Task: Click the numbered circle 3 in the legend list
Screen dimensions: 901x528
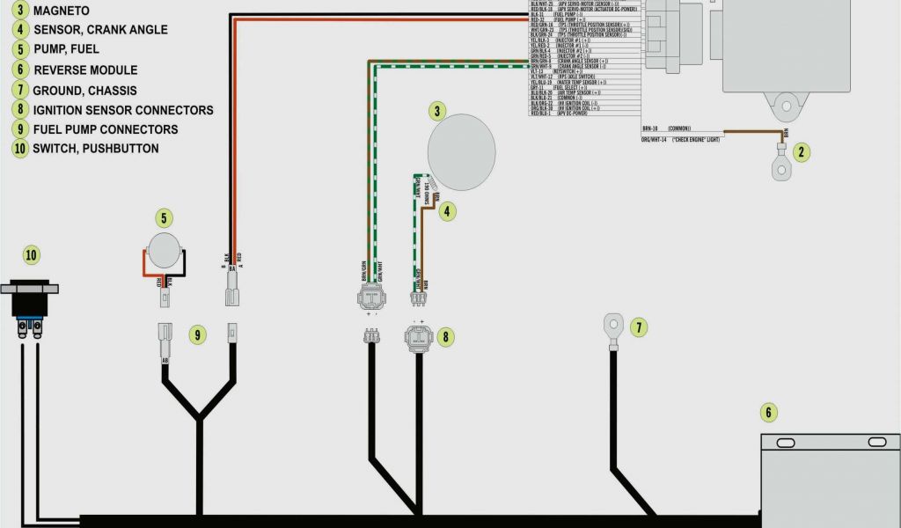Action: [x=20, y=11]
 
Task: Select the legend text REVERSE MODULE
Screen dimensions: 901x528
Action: [x=85, y=70]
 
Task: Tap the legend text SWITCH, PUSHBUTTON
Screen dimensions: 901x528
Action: [x=96, y=148]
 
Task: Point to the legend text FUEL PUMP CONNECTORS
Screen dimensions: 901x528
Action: [x=106, y=129]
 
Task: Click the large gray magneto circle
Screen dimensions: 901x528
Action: [x=461, y=151]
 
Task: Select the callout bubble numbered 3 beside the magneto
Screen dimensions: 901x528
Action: [x=436, y=111]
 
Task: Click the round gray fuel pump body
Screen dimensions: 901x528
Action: [x=165, y=251]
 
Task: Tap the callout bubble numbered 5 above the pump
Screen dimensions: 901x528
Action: [x=163, y=218]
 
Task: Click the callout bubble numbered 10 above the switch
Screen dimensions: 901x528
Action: [x=32, y=256]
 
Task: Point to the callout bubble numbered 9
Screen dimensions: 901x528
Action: [x=198, y=334]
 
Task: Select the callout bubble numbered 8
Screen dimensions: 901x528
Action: [x=447, y=335]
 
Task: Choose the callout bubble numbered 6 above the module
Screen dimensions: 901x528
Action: [x=767, y=412]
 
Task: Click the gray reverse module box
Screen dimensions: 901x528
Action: [x=830, y=480]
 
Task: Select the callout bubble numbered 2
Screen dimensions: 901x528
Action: [x=801, y=151]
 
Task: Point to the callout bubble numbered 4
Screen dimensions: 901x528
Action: [x=448, y=211]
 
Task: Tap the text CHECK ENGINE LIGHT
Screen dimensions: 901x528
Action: [x=696, y=140]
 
